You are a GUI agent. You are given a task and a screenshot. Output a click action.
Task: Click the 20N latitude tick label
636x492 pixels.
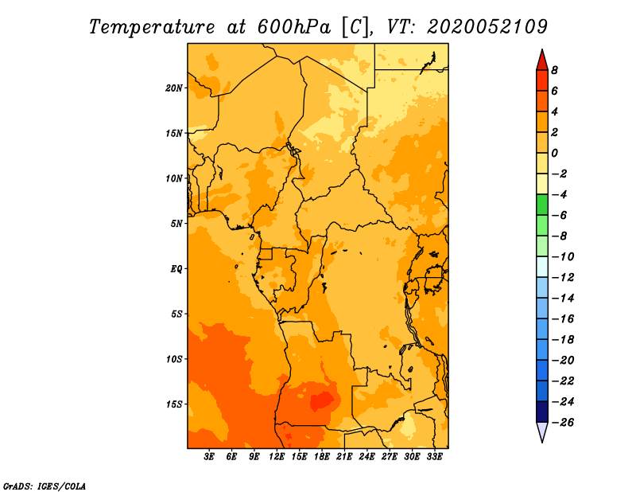coord(174,88)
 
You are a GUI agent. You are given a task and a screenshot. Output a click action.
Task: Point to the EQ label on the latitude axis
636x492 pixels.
coord(176,269)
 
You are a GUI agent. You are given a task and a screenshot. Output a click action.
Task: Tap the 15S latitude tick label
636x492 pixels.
coord(174,404)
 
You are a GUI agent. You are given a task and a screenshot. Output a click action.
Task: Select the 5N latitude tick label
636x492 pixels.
coord(176,224)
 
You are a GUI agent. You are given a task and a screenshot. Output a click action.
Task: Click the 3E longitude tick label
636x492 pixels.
coord(209,457)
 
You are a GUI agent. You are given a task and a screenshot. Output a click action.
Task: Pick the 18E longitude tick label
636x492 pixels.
coord(322,457)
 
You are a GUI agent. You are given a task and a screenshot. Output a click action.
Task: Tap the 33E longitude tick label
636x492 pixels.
coord(434,457)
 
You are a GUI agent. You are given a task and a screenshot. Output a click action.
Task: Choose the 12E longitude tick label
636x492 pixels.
coord(277,457)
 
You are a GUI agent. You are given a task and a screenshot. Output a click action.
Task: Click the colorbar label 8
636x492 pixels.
coord(554,70)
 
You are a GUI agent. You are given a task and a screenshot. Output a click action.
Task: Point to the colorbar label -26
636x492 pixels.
coord(564,423)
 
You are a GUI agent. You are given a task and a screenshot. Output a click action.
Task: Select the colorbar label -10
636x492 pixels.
coord(564,257)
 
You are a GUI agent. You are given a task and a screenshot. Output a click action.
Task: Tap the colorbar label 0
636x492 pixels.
coord(554,153)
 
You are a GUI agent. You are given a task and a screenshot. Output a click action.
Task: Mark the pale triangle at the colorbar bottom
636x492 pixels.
coord(542,431)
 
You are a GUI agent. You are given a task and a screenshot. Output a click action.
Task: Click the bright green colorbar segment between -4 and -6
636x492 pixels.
coord(542,205)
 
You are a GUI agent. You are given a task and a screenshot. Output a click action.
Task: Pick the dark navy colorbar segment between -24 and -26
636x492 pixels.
coord(542,412)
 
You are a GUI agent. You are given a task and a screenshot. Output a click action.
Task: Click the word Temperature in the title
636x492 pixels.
coord(152,27)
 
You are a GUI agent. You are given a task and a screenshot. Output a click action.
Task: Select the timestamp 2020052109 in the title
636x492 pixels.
coord(487,27)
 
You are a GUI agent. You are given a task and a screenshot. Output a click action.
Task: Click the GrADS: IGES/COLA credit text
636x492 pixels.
coord(44,486)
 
